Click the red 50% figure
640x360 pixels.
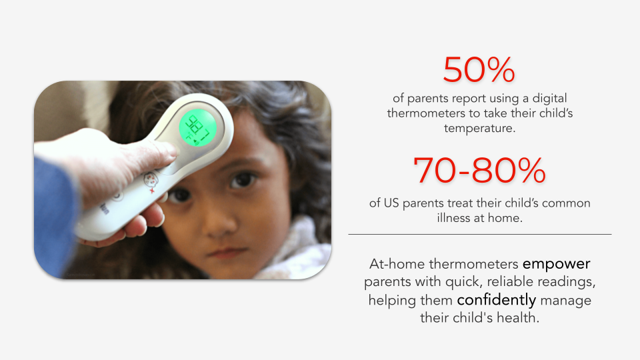479,70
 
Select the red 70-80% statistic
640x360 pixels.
479,170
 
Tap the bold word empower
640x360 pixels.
556,264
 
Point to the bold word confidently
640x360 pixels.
496,300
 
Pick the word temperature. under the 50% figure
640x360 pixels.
479,128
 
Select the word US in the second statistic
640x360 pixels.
391,203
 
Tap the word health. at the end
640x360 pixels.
518,317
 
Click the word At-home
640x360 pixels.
397,264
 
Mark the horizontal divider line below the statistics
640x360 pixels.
479,234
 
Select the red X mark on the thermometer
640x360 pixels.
152,191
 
